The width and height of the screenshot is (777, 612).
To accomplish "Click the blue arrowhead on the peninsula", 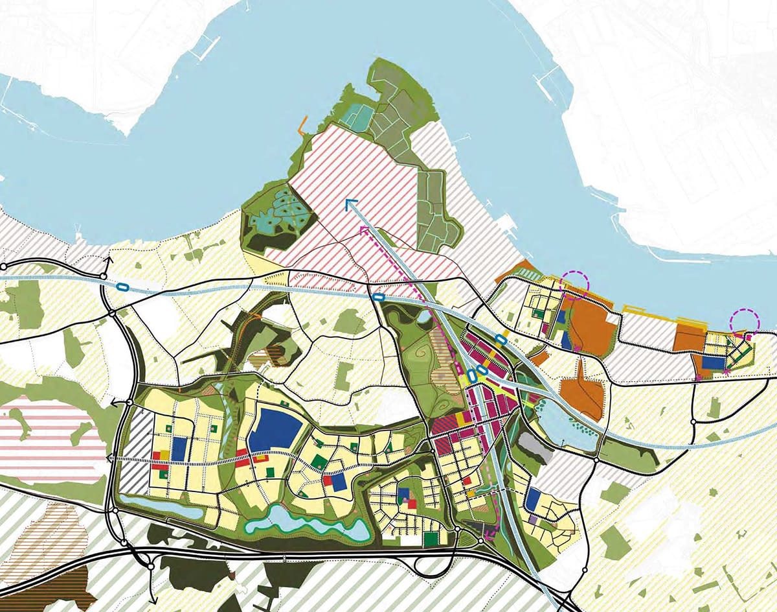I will click(350, 204).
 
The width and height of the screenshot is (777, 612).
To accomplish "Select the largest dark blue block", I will click(275, 430).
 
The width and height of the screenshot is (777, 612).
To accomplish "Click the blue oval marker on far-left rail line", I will click(122, 286).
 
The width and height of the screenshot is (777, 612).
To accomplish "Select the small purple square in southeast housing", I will click(532, 519).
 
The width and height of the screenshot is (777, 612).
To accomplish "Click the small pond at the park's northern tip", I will click(422, 316).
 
